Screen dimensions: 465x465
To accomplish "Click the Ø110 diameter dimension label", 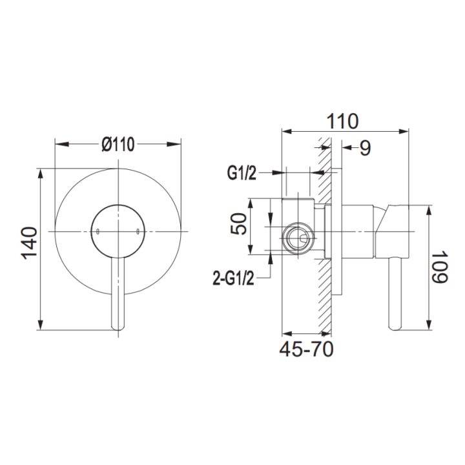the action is tap(118, 145).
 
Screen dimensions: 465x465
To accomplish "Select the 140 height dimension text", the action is tap(30, 243).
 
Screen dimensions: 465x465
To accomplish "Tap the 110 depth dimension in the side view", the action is tap(342, 121).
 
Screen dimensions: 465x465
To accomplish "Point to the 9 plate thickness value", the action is tap(366, 148).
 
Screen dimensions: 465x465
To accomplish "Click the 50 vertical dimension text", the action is tap(239, 225).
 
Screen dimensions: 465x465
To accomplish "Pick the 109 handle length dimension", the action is tap(440, 267).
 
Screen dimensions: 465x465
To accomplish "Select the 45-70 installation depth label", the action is tap(306, 349).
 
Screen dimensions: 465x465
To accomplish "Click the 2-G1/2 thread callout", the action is tap(233, 279).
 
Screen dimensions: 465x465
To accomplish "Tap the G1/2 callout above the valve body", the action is tap(242, 173).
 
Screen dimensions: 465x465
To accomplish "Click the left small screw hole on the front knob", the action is tap(98, 231).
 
